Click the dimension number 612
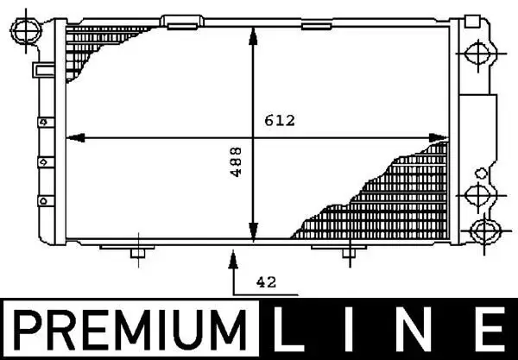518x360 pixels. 281,122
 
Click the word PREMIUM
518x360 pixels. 130,332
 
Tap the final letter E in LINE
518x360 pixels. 490,332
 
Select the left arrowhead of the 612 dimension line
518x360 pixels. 74,137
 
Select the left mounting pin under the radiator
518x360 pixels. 135,254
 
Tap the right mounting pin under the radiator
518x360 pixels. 347,254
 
